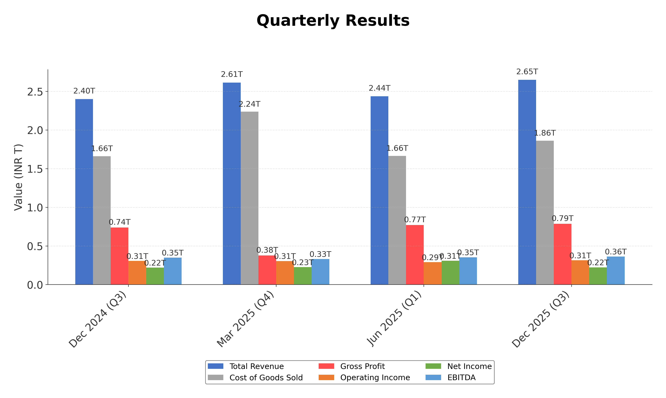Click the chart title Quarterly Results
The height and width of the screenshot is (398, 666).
coord(333,21)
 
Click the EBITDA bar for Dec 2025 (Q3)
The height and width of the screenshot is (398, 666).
coord(616,271)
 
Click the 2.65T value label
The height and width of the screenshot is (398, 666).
coord(527,72)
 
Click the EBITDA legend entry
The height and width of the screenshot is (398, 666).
coord(461,378)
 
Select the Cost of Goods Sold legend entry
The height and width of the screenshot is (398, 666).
coord(266,378)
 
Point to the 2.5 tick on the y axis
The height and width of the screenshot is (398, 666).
coord(35,92)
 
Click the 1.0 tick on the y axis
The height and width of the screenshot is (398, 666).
coord(35,208)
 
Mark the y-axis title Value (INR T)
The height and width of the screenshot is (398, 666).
coord(18,177)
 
